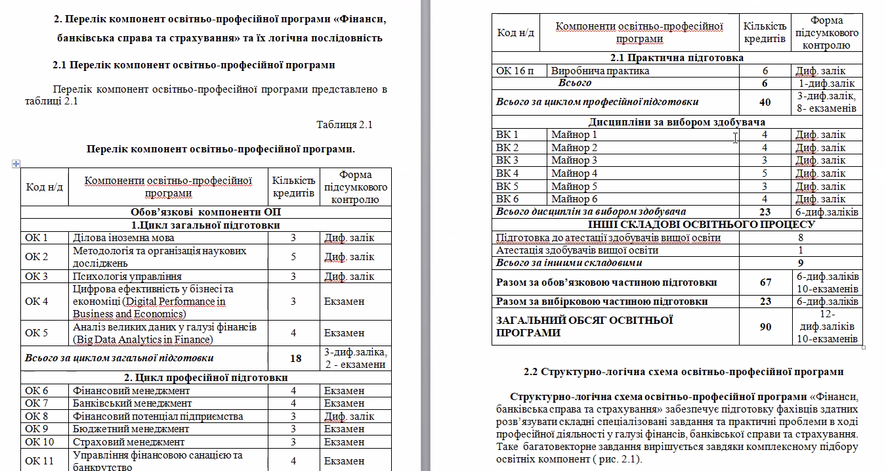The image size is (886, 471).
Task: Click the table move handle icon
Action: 16,164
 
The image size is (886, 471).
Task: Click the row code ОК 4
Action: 37,302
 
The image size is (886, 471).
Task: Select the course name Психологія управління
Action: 127,277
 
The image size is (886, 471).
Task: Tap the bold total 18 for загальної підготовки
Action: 295,358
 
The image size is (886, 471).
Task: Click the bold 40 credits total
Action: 765,102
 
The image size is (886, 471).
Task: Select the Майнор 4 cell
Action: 574,173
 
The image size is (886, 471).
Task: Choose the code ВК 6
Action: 507,199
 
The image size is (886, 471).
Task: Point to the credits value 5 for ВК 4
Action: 765,173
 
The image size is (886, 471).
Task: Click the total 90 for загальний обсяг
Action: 765,326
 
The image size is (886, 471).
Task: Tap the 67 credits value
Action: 765,282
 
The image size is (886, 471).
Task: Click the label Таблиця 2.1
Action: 344,125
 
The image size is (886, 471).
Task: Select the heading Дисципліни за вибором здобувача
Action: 677,122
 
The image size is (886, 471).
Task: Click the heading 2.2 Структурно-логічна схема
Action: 683,372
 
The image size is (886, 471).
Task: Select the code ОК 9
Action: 37,429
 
